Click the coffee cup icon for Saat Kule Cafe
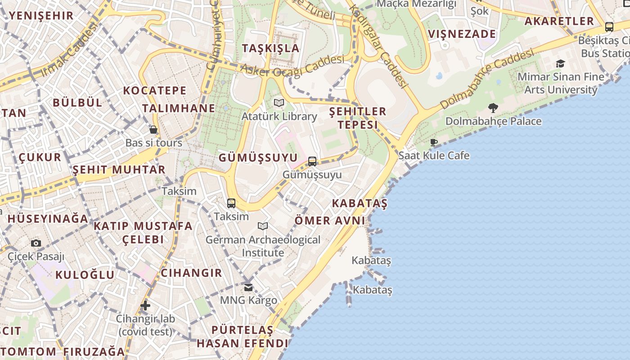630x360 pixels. tap(434, 143)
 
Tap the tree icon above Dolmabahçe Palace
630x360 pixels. tap(493, 108)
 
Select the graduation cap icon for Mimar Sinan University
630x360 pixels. tap(560, 63)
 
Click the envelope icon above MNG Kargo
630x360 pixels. tap(248, 287)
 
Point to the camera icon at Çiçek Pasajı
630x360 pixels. tap(36, 243)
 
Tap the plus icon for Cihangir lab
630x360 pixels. tap(145, 306)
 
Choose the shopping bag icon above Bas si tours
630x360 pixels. tap(153, 130)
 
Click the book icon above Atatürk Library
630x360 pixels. tap(279, 103)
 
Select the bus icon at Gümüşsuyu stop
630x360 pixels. tap(312, 161)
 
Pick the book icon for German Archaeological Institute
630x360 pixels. tap(263, 226)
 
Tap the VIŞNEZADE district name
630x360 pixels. tap(462, 34)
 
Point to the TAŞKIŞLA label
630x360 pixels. tap(270, 48)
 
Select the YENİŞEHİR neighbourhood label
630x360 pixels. tap(41, 16)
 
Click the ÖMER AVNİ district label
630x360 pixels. tap(330, 220)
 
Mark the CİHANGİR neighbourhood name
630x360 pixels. tap(191, 273)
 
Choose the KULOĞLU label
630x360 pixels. tap(85, 274)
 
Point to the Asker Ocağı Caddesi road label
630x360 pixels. tap(292, 65)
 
